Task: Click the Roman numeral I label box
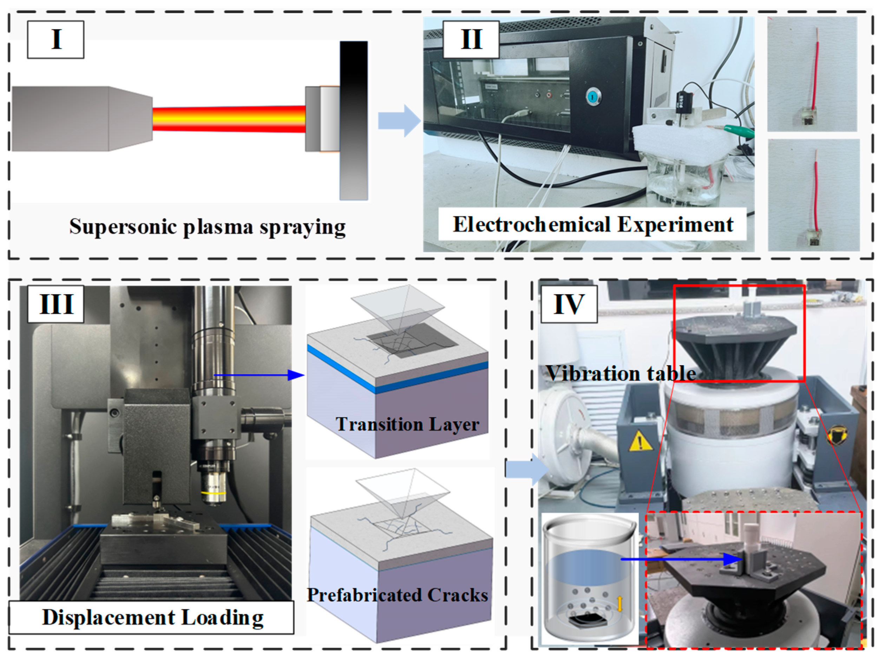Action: coord(55,40)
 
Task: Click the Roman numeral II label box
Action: coord(471,40)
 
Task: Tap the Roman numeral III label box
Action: coord(55,304)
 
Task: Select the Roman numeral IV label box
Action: coord(569,304)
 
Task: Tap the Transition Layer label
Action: coord(407,424)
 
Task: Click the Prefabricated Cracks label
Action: coord(398,595)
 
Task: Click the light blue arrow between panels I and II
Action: coord(399,121)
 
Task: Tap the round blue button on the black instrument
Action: coord(593,96)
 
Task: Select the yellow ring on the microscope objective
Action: coord(214,493)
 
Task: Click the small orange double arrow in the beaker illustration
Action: coord(619,604)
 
